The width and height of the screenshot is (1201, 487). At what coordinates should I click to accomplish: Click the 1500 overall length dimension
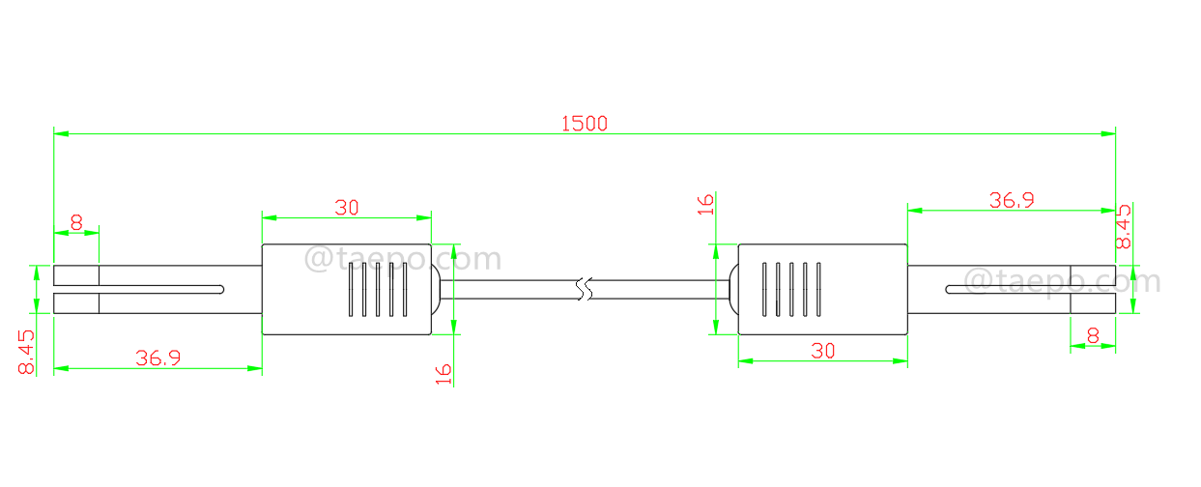(585, 123)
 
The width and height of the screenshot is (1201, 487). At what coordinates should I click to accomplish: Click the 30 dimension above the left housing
(347, 207)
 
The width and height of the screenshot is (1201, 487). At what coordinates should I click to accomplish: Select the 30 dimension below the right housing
(822, 351)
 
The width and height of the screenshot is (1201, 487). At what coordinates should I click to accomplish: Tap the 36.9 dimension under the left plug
(157, 358)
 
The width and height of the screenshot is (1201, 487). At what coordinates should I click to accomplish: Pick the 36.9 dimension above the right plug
(1012, 200)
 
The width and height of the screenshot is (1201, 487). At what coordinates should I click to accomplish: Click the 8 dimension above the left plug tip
(76, 221)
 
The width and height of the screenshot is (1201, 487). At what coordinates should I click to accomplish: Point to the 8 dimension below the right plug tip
(1093, 336)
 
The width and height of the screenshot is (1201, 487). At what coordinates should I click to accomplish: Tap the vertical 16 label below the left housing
(443, 374)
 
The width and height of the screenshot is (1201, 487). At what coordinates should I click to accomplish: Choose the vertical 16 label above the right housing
(706, 204)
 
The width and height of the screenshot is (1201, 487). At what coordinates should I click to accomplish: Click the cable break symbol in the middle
(582, 289)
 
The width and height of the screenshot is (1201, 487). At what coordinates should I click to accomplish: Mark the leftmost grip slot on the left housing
(350, 289)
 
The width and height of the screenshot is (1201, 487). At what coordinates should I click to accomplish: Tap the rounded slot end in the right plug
(950, 289)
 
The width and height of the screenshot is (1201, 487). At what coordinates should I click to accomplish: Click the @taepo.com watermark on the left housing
(403, 259)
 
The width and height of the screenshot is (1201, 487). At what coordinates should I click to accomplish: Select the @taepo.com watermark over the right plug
(1063, 281)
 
